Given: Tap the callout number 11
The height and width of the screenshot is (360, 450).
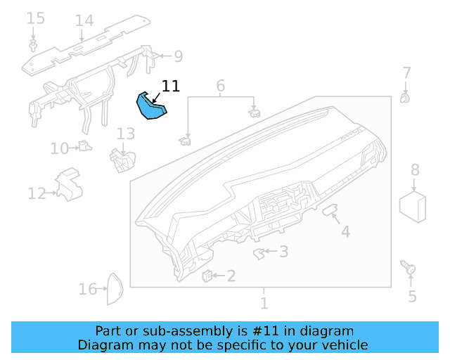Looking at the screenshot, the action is (x=171, y=86).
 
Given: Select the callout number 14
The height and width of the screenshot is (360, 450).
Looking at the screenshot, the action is (x=84, y=20).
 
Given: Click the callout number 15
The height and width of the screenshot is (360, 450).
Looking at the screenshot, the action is (x=35, y=18).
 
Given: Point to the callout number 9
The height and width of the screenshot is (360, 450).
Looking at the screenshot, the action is (x=178, y=56).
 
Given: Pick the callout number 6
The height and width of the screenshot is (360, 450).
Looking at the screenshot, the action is (x=220, y=86).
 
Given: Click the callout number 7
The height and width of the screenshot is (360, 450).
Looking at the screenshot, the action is (x=406, y=72).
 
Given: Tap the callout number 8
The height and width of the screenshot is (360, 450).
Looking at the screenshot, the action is (x=415, y=169).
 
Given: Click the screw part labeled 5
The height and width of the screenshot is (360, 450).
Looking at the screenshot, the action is (x=409, y=268).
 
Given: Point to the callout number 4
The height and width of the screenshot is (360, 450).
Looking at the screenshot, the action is (x=345, y=231).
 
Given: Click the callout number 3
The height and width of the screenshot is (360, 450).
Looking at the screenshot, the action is (x=283, y=251).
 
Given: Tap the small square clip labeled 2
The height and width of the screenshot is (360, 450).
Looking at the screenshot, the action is (x=208, y=275).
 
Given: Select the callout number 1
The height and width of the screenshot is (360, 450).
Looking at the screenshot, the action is (x=264, y=304).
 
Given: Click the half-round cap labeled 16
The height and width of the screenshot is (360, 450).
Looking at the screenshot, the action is (x=115, y=290).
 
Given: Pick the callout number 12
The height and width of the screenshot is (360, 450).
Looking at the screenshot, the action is (x=37, y=193).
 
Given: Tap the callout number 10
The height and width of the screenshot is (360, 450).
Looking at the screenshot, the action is (x=59, y=148).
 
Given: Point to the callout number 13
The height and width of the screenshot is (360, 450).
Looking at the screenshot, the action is (x=125, y=134).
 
